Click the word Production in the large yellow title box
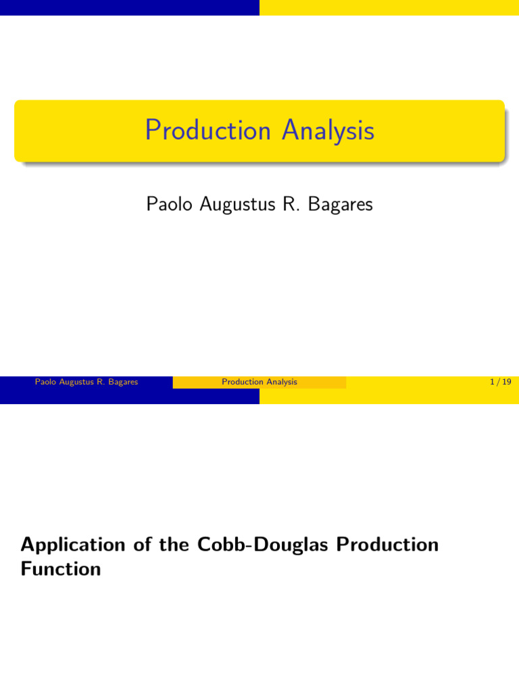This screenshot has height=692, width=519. pyautogui.click(x=208, y=130)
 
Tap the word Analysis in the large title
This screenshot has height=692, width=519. pyautogui.click(x=328, y=130)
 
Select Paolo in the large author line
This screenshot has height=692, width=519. pyautogui.click(x=169, y=204)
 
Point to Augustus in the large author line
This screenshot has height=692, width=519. pyautogui.click(x=234, y=204)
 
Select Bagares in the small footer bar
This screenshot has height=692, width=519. pyautogui.click(x=123, y=382)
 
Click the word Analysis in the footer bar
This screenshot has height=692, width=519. pyautogui.click(x=282, y=382)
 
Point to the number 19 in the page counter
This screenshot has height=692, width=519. pyautogui.click(x=506, y=382)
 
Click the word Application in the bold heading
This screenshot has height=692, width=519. pyautogui.click(x=73, y=545)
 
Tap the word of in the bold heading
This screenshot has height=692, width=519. pyautogui.click(x=141, y=545)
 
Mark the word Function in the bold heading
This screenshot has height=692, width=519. pyautogui.click(x=61, y=569)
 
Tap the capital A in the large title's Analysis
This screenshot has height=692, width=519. pyautogui.click(x=291, y=130)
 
